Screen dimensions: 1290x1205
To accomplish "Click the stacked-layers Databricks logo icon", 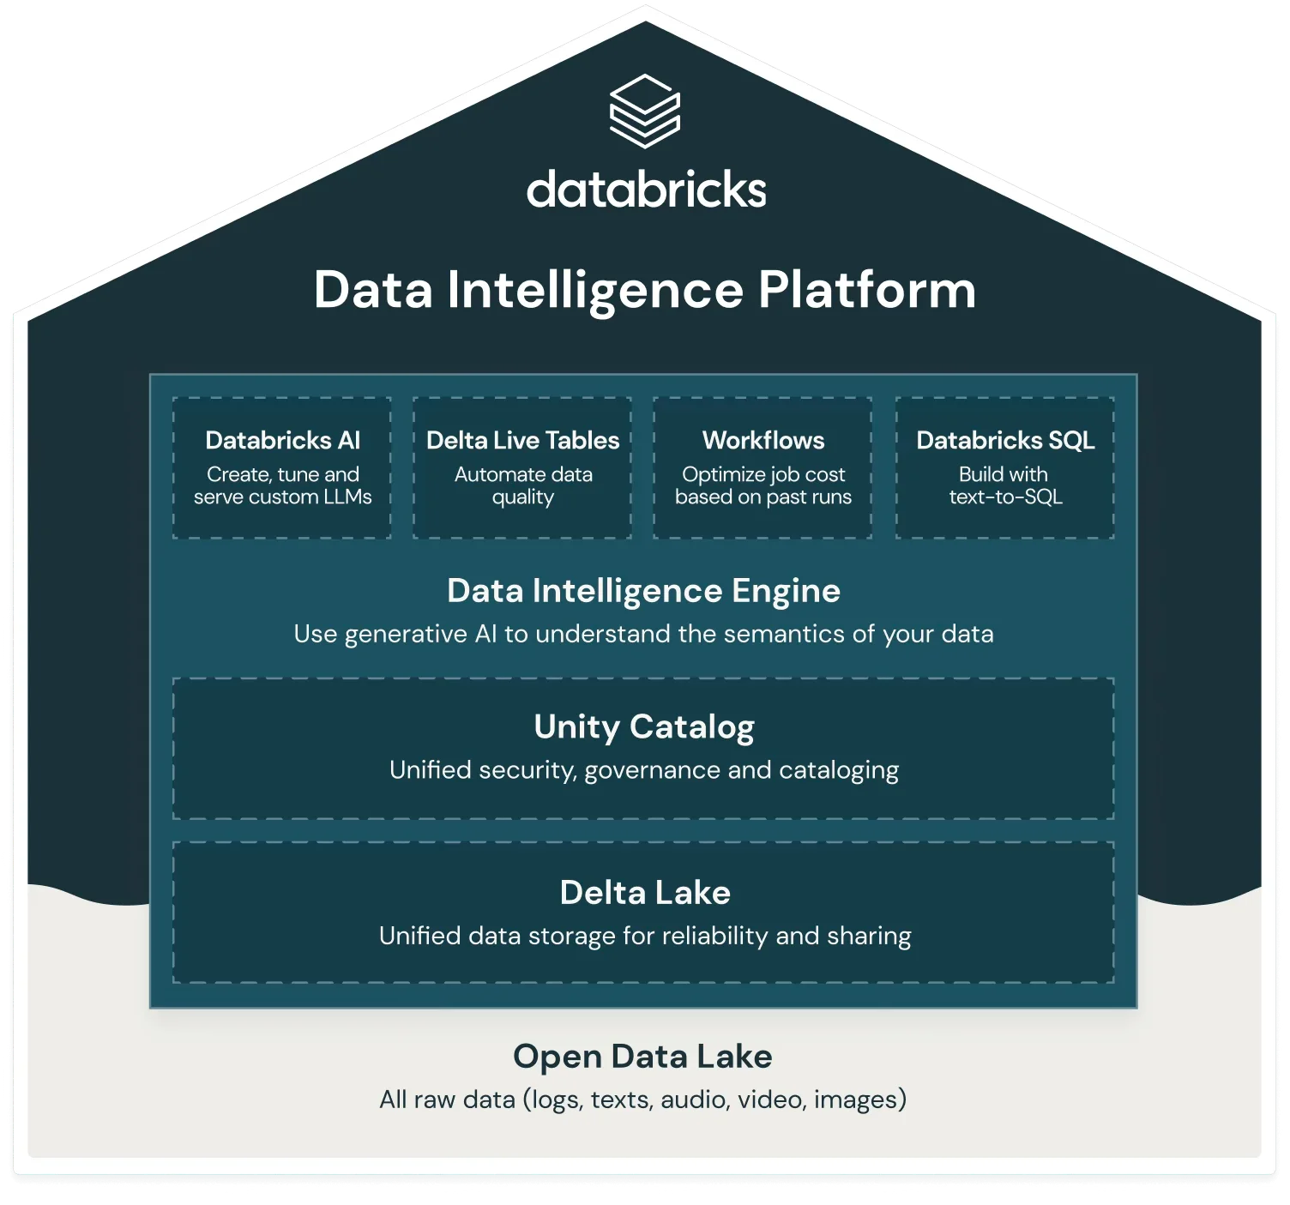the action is click(x=644, y=111).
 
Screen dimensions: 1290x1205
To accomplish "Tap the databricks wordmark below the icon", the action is click(x=647, y=189).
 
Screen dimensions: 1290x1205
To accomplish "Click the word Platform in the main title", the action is click(x=866, y=291).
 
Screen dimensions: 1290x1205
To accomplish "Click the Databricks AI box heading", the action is click(x=282, y=441).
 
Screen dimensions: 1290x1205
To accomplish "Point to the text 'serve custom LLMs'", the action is click(x=282, y=497).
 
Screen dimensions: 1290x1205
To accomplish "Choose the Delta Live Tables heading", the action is click(x=523, y=441).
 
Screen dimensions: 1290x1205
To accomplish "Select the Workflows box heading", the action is click(x=763, y=441).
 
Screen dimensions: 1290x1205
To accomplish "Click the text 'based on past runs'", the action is click(x=763, y=497).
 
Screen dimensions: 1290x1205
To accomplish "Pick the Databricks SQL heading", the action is click(x=1005, y=441).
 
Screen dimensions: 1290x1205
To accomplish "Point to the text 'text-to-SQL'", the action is click(x=1005, y=497).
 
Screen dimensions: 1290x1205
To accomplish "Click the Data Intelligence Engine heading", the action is click(x=643, y=591).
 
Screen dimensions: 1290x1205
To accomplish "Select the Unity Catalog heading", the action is click(x=643, y=727).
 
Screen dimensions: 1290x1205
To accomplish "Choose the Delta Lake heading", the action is click(x=645, y=893).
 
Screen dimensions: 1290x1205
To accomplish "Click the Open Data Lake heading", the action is click(x=642, y=1057).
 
